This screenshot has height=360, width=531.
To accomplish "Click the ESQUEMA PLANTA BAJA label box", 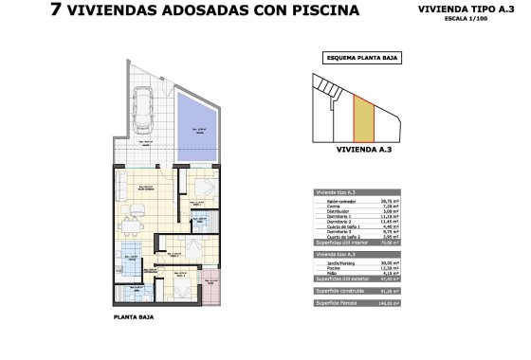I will (363, 58).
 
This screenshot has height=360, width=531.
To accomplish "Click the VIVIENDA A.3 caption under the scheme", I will (363, 149).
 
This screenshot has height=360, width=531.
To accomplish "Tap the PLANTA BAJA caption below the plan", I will (132, 317).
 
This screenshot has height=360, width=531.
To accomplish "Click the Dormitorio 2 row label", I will (334, 222).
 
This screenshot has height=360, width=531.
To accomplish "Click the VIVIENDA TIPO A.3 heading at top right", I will (460, 9).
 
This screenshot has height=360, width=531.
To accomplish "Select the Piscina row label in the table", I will (326, 269).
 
